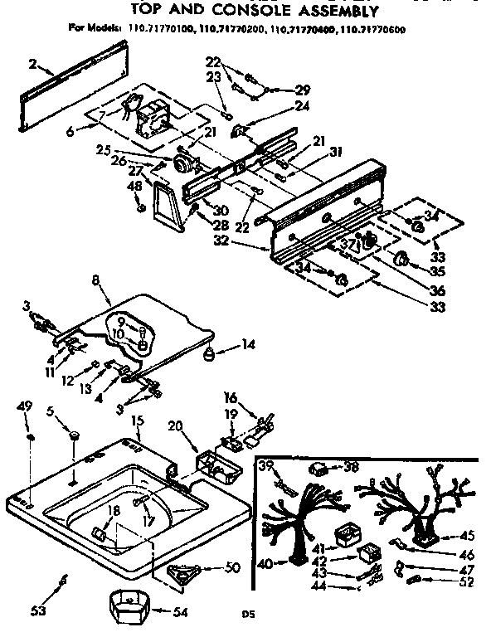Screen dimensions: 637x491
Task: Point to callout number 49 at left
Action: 25,406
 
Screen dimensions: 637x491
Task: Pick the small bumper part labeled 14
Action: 209,354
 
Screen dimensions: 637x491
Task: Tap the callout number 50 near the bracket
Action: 234,568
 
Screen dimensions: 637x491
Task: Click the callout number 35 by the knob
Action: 436,270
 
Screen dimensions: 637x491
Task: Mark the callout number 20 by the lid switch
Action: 175,426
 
